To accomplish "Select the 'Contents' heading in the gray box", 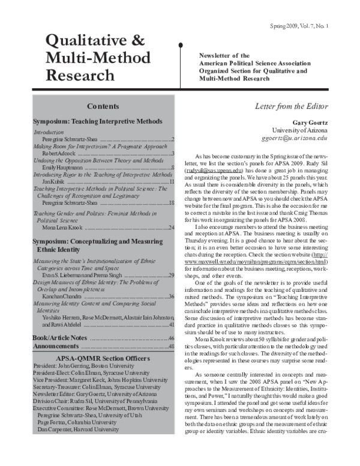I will [x=103, y=106].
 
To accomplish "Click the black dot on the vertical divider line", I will [x=181, y=44].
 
